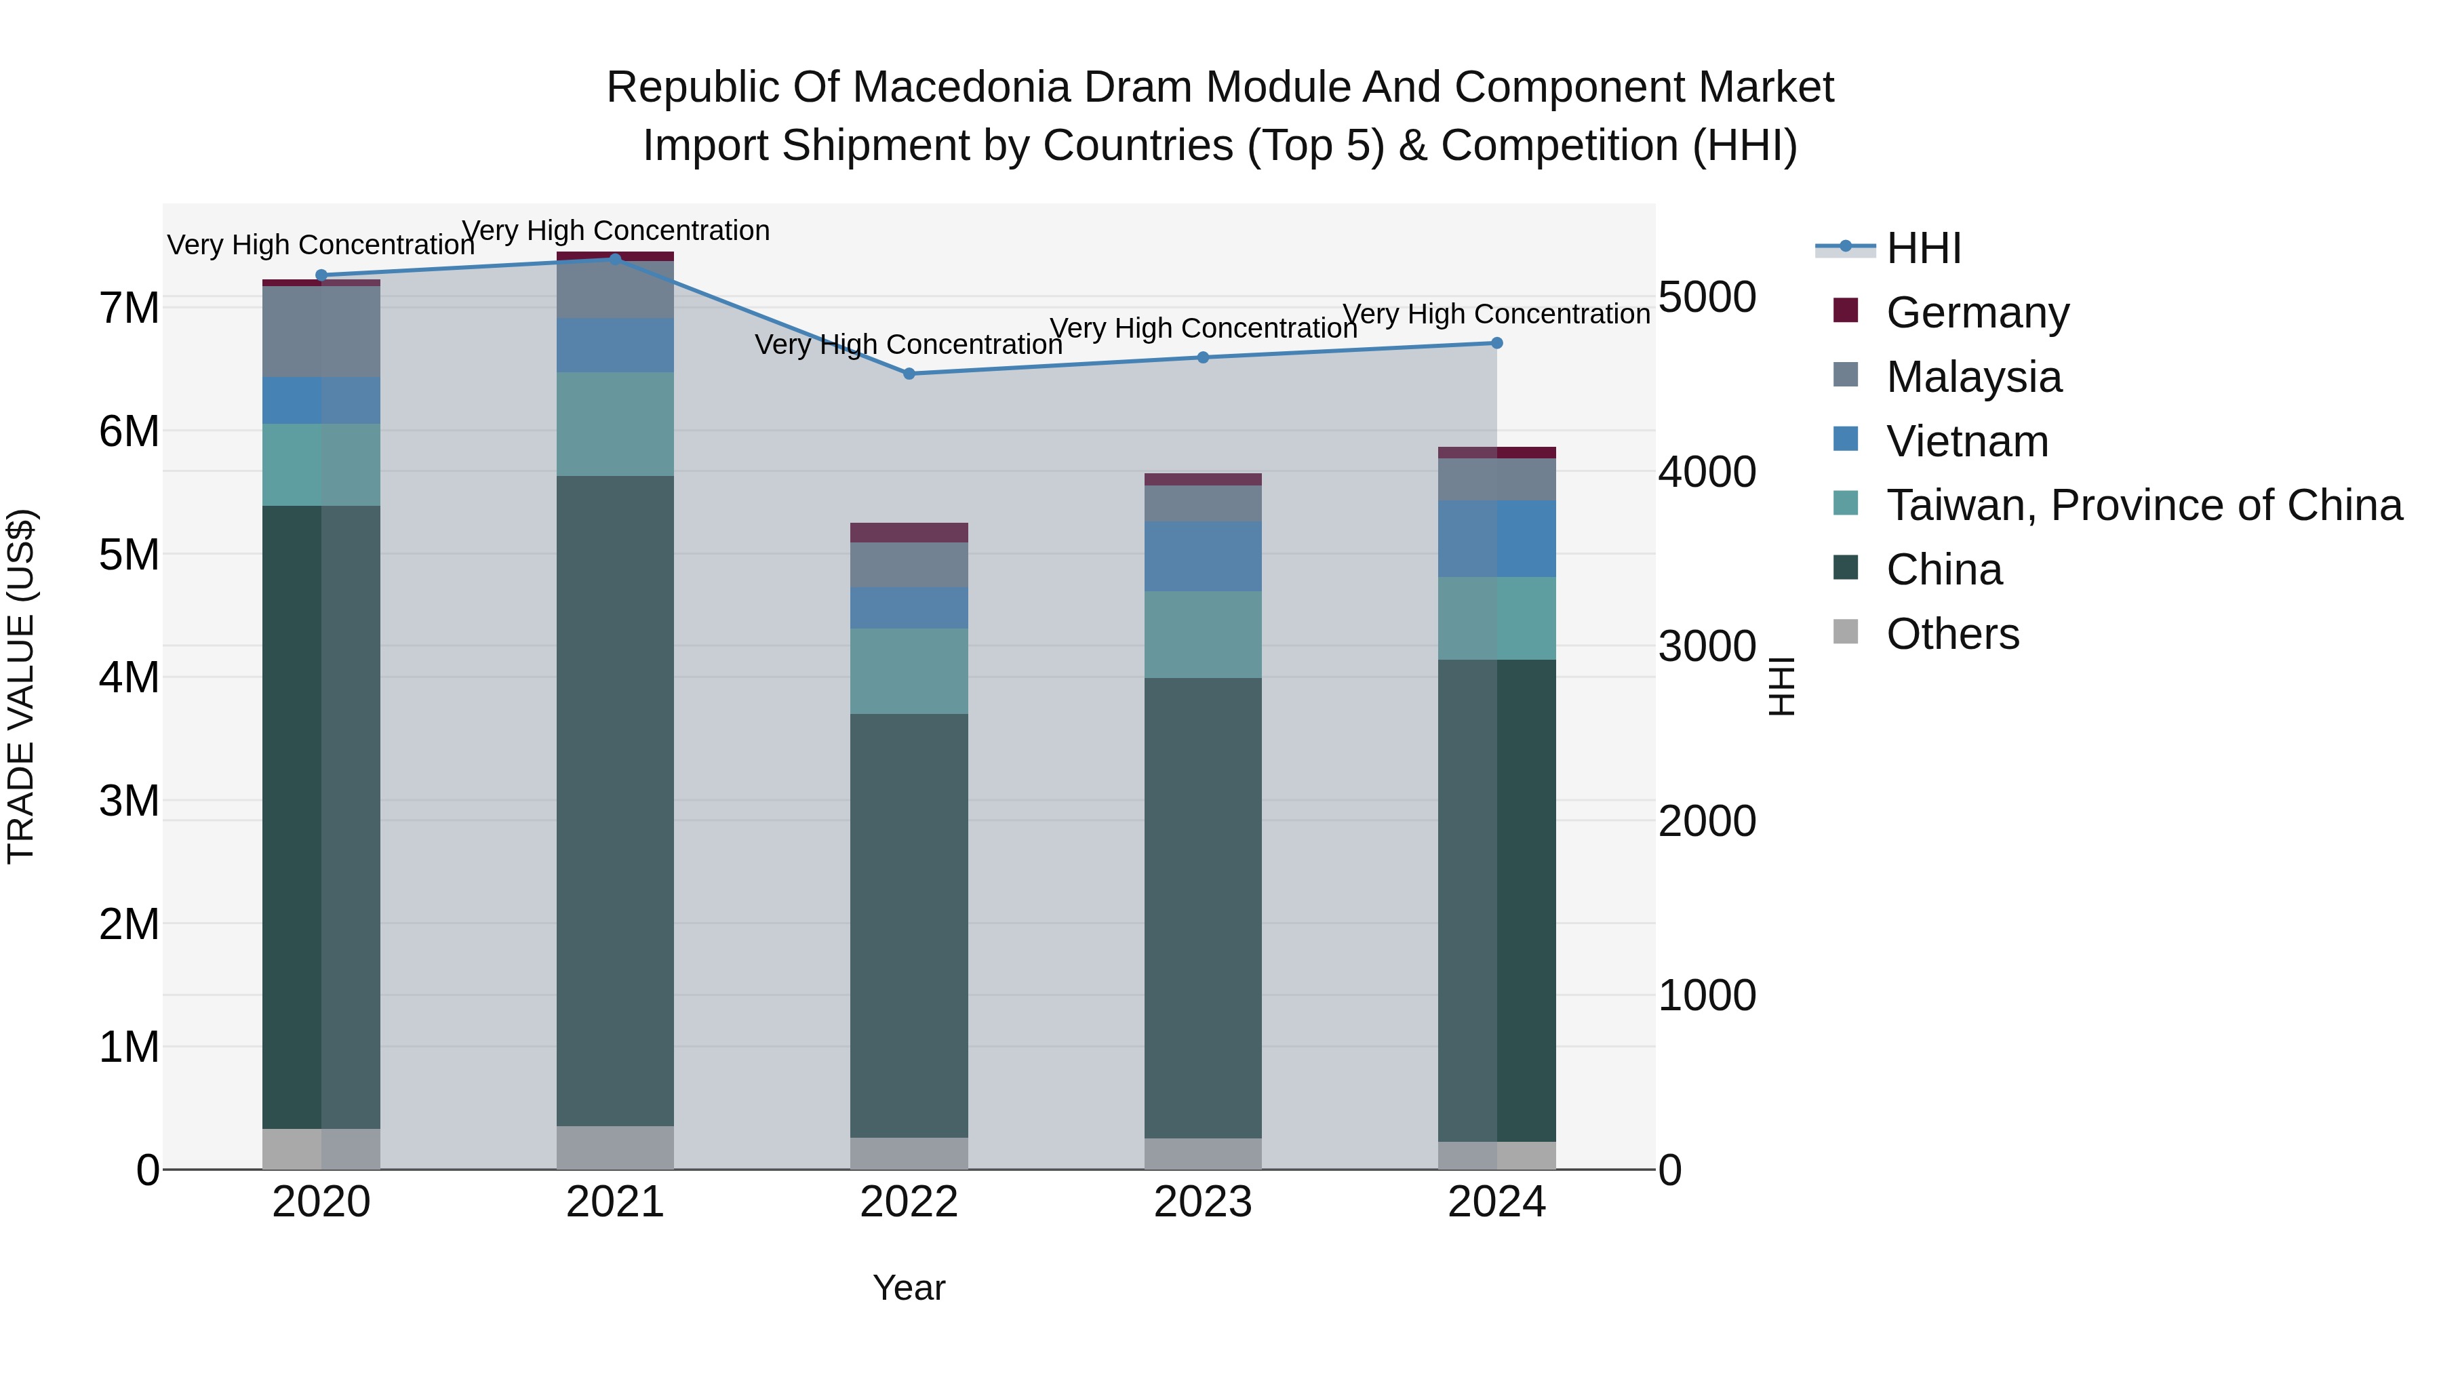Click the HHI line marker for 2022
coord(909,374)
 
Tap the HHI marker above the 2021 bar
coord(615,259)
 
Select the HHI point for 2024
coord(1496,343)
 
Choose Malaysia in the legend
coord(1973,376)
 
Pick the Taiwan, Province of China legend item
coord(2143,505)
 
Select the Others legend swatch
coord(1846,632)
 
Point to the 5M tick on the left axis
coord(129,555)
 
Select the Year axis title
coord(909,1288)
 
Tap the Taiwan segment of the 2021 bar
coord(615,424)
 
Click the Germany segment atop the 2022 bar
coord(909,532)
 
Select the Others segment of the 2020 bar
coord(321,1149)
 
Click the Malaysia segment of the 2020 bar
coord(321,331)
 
